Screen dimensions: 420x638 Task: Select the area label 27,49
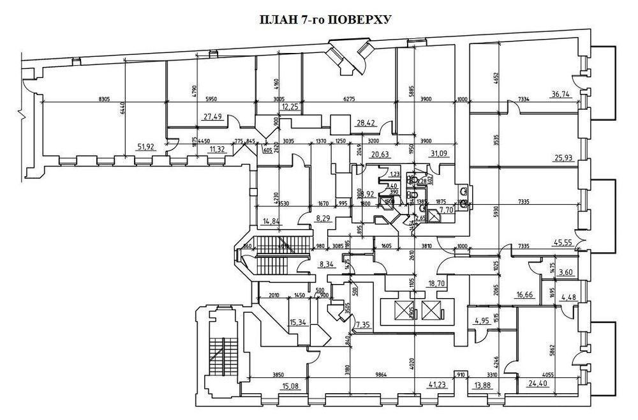click(x=212, y=116)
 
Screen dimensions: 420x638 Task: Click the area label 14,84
click(x=272, y=221)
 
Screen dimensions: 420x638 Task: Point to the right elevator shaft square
click(x=431, y=312)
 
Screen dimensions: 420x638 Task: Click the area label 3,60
click(x=565, y=273)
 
